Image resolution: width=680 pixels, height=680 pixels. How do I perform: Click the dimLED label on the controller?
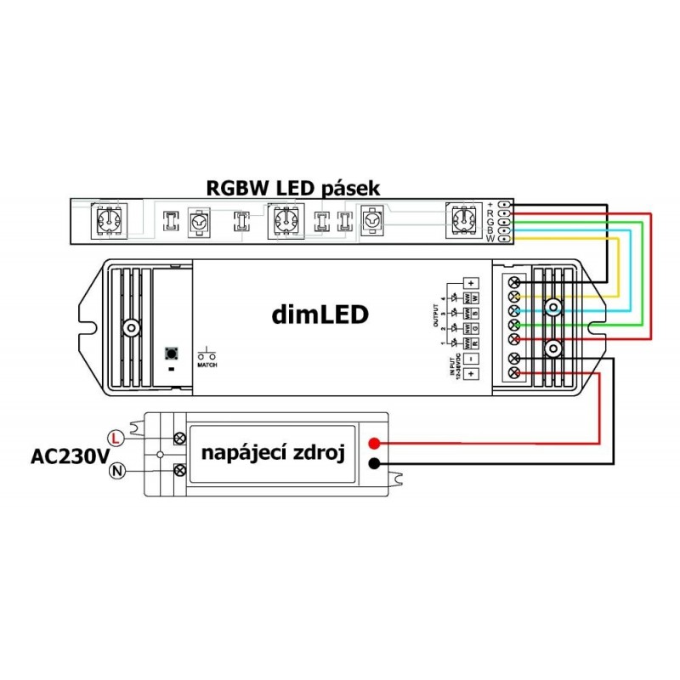click(320, 315)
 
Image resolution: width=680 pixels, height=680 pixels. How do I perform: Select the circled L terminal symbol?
click(116, 438)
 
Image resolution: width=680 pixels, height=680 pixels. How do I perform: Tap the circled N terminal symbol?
click(116, 470)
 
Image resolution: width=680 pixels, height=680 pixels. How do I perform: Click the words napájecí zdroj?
click(272, 454)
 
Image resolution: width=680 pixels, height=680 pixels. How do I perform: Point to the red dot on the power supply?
click(373, 444)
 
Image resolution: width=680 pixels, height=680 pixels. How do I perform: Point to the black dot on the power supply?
click(373, 463)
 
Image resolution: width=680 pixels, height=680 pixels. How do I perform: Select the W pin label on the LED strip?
click(490, 239)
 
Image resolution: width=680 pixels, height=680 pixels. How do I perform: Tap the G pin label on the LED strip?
click(490, 222)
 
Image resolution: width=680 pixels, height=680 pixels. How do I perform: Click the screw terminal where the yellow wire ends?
click(514, 296)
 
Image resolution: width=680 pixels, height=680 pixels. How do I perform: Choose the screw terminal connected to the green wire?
click(514, 326)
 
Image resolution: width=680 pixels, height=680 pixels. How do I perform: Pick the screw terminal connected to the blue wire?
click(514, 311)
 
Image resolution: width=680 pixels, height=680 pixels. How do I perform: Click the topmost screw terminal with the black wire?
click(514, 281)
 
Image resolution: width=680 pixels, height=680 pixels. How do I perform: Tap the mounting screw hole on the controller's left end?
click(130, 327)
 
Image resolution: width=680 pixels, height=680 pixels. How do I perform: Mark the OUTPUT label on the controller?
click(436, 315)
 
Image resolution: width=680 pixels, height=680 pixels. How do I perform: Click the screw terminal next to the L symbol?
click(180, 438)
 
